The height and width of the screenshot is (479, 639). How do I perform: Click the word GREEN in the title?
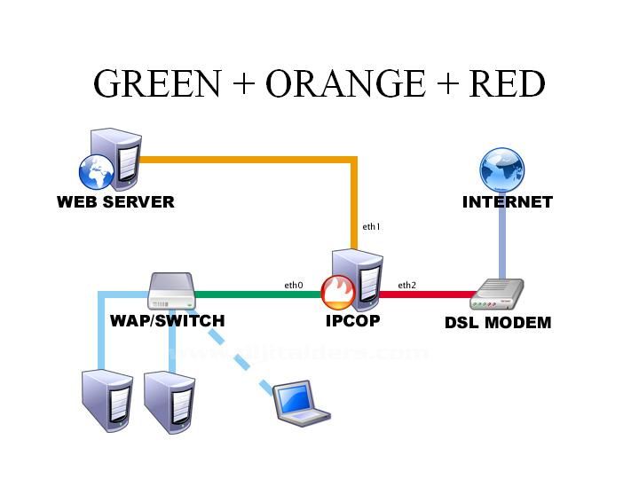(x=156, y=83)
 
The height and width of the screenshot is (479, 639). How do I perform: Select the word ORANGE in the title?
(x=341, y=83)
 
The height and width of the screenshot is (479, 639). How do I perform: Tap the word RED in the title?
(x=507, y=83)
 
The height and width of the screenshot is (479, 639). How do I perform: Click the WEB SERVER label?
(x=115, y=202)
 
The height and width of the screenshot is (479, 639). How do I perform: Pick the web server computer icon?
(x=110, y=159)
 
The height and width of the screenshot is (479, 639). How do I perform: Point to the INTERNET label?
(x=508, y=202)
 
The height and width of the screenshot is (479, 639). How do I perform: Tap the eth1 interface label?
(x=371, y=227)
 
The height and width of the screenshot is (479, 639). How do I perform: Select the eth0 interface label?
(x=293, y=286)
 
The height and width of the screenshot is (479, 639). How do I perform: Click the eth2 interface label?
(x=406, y=286)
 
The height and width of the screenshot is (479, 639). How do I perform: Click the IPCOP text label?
(x=352, y=321)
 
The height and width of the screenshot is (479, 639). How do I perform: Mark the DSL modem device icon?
(x=498, y=294)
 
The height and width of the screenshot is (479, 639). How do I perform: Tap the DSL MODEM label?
(x=498, y=323)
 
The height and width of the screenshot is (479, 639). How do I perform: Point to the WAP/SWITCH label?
(x=168, y=321)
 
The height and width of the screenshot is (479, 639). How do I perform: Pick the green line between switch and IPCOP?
(x=257, y=294)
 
